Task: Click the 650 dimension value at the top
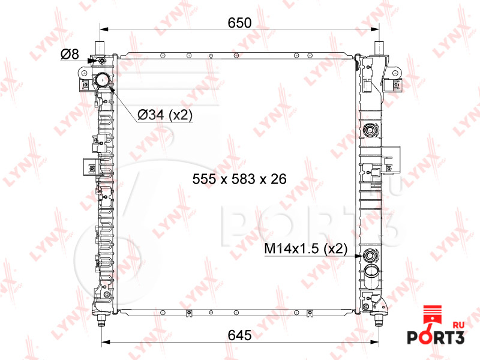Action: click(x=239, y=23)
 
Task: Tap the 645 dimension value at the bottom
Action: click(x=239, y=335)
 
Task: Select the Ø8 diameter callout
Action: click(x=70, y=54)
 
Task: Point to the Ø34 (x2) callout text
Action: click(x=165, y=115)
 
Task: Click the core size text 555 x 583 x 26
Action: click(x=239, y=179)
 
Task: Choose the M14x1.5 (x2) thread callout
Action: click(x=305, y=248)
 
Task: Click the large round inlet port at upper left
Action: click(x=102, y=80)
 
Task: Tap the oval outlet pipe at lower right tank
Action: click(x=371, y=276)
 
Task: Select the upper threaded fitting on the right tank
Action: click(x=371, y=130)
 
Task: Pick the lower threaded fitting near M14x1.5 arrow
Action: click(x=371, y=254)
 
